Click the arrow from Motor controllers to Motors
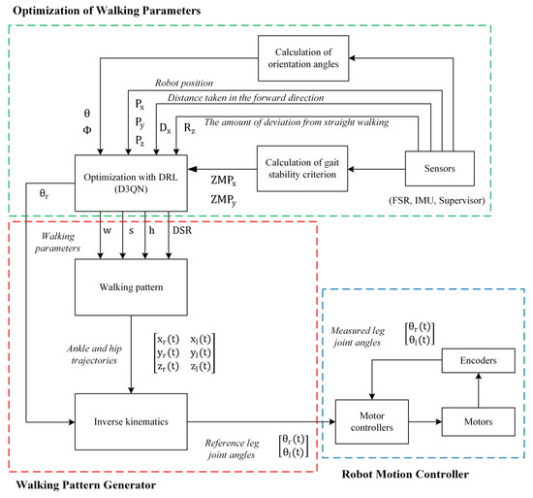click(423, 421)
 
